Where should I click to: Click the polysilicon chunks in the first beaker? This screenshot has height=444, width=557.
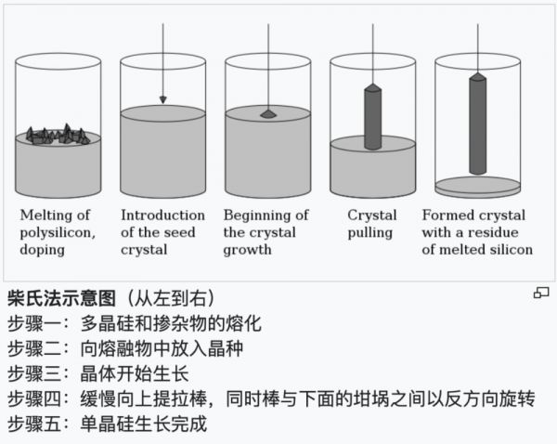point(58,136)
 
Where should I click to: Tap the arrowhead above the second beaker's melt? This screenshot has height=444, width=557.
point(162,98)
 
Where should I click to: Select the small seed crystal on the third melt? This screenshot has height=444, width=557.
point(267,114)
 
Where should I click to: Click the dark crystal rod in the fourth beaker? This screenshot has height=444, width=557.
point(372,117)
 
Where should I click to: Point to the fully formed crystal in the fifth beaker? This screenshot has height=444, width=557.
point(477,124)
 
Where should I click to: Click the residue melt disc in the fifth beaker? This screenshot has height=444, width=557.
point(477,185)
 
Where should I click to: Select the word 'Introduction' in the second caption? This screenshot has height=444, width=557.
point(162,215)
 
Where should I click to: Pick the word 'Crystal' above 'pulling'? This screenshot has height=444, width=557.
point(372,215)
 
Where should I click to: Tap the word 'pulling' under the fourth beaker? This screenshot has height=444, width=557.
point(370,232)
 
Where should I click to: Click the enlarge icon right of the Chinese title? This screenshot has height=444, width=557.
point(540,294)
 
